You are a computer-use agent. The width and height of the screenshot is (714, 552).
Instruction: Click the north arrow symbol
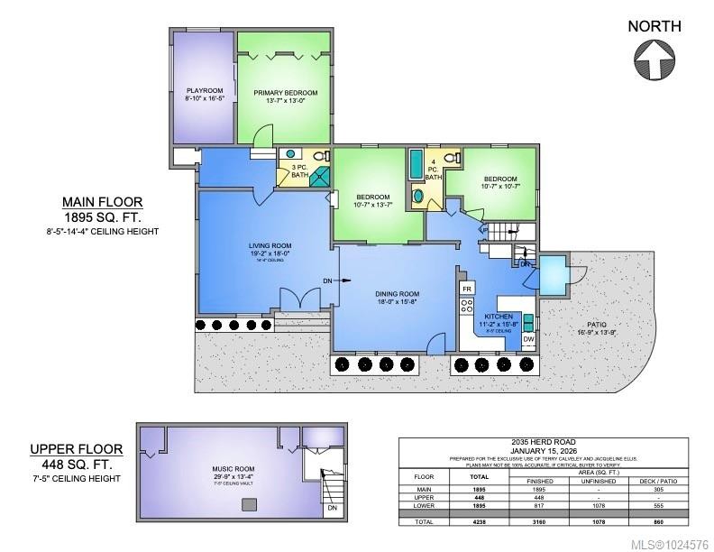(654, 62)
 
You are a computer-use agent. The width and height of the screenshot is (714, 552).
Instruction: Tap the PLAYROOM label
(205, 91)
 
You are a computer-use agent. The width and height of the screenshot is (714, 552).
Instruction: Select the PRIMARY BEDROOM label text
(285, 93)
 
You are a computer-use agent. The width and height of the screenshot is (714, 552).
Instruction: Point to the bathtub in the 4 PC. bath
(416, 164)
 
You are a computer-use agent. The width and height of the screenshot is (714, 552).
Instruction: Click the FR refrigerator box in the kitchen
(467, 289)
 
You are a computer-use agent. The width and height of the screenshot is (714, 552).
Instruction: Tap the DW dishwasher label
(529, 340)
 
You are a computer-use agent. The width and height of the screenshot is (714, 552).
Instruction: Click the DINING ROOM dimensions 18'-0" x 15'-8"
(398, 303)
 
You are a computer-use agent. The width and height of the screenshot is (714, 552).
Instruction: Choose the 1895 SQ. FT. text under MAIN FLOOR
(102, 217)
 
